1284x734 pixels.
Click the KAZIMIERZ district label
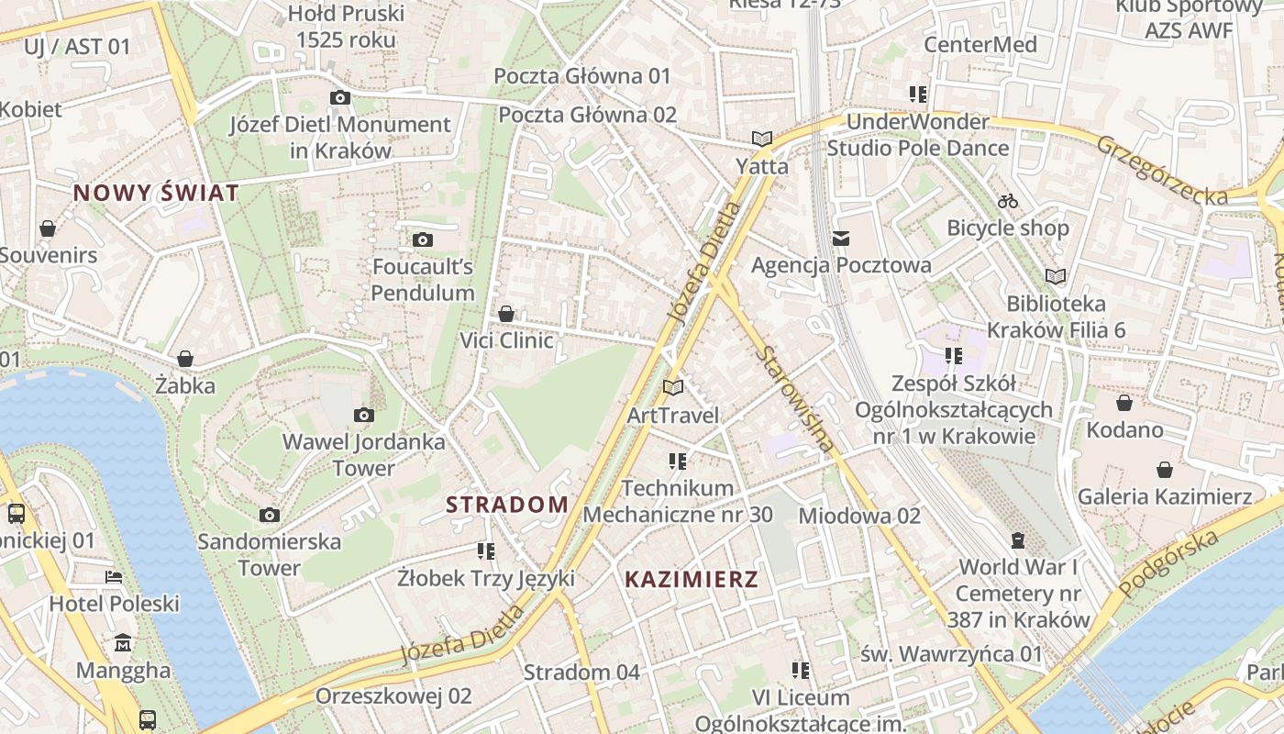[692, 579]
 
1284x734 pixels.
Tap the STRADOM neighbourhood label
[507, 504]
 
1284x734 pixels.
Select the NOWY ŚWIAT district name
[156, 193]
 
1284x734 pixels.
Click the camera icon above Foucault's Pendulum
[422, 240]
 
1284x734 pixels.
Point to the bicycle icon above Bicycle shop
[1008, 201]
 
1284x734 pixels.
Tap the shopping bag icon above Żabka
[185, 359]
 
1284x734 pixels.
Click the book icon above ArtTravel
[673, 388]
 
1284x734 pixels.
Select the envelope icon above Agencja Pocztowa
[841, 239]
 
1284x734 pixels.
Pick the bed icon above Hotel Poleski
[114, 577]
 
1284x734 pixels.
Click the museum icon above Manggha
[123, 643]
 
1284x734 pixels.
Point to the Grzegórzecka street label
[1161, 171]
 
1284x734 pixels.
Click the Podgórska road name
[1169, 562]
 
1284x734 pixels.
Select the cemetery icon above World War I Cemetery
[1017, 540]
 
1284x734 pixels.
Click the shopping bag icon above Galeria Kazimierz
[1165, 470]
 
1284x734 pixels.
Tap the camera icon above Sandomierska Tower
[269, 515]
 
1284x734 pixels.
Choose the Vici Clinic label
[506, 340]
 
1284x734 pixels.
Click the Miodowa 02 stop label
[859, 516]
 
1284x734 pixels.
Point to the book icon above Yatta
[761, 139]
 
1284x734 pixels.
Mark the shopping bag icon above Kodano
[1124, 403]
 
